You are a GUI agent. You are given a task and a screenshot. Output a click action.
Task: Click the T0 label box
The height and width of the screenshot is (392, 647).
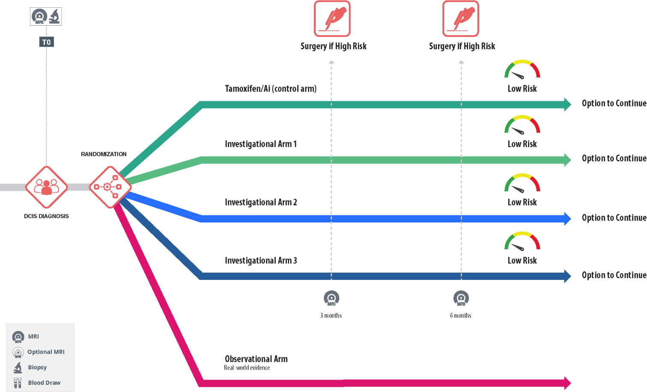click(46, 42)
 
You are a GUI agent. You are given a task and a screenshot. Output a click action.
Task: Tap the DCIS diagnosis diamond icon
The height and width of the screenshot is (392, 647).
click(46, 187)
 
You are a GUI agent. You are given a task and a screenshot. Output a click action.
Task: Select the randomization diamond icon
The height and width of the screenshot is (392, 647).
click(110, 187)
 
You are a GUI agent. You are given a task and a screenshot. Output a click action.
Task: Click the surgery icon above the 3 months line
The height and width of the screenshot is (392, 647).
click(332, 19)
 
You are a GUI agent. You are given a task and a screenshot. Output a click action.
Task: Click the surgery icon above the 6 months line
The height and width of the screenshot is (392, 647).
click(460, 19)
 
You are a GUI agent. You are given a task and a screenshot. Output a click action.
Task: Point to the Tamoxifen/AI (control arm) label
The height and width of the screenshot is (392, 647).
click(271, 89)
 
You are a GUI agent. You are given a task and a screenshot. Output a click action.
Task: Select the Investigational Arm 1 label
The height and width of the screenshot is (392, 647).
click(260, 144)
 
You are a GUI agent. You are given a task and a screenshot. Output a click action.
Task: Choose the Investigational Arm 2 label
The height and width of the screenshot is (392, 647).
click(260, 202)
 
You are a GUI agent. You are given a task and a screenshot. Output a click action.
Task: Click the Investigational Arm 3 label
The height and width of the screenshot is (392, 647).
click(260, 261)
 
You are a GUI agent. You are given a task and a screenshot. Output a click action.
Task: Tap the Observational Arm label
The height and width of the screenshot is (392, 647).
click(256, 359)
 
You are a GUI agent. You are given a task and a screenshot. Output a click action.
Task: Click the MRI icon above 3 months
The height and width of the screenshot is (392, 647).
click(331, 298)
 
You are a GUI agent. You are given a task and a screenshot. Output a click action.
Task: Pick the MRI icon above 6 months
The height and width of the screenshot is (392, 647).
click(461, 298)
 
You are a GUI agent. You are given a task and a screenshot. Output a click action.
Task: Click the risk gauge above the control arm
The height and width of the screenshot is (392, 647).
click(522, 70)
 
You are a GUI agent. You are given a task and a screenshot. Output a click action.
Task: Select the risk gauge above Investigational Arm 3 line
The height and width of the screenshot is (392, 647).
click(522, 242)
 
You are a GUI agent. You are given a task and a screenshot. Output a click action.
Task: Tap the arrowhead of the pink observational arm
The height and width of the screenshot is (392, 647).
click(568, 383)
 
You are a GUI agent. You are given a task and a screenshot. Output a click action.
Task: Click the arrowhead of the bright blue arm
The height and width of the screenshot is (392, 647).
click(568, 219)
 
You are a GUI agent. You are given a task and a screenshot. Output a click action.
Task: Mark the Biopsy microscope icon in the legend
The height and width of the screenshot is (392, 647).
click(18, 368)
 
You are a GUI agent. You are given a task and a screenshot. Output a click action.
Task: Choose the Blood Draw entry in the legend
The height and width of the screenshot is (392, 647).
click(44, 383)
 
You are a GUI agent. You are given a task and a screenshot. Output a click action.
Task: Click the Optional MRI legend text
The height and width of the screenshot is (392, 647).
click(46, 352)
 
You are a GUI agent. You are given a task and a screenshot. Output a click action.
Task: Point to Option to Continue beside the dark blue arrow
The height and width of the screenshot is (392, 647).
click(614, 275)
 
